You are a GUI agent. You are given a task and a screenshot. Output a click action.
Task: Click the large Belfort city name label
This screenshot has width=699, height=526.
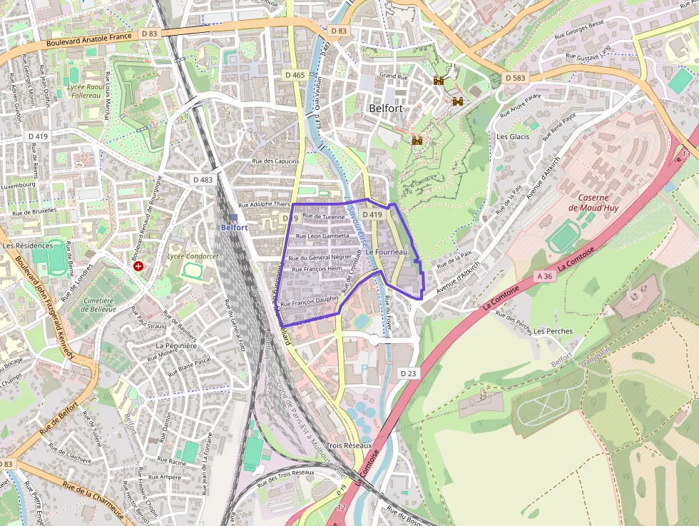pos(386,108)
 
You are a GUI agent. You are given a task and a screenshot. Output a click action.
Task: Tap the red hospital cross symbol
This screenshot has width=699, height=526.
pos(138,265)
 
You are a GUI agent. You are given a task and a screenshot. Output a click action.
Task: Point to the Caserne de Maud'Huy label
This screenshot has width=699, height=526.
pos(593,202)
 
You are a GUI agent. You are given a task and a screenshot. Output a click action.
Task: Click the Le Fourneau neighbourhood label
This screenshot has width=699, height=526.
pos(386,252)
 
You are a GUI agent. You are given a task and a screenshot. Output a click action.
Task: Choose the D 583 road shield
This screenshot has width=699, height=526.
pos(516,77)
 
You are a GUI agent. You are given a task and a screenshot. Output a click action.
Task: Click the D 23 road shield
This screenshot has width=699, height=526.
pos(408,373)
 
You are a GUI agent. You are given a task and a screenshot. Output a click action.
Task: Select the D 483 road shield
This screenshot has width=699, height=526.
pos(203,180)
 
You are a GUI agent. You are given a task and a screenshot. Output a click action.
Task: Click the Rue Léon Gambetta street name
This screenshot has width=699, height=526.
pos(322,236)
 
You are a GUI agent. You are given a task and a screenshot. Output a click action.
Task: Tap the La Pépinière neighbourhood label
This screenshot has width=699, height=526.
pos(176,345)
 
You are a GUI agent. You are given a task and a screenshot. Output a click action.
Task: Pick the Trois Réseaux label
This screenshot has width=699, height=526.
pos(349,445)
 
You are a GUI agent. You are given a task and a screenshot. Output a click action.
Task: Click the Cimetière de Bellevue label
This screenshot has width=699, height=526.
pos(98,306)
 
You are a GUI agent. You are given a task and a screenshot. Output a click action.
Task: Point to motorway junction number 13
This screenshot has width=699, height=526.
pos(686,154)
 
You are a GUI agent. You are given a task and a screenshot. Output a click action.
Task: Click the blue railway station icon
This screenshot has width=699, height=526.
pos(234,217)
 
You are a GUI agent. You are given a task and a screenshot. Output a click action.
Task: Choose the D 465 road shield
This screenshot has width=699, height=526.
pos(295,75)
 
